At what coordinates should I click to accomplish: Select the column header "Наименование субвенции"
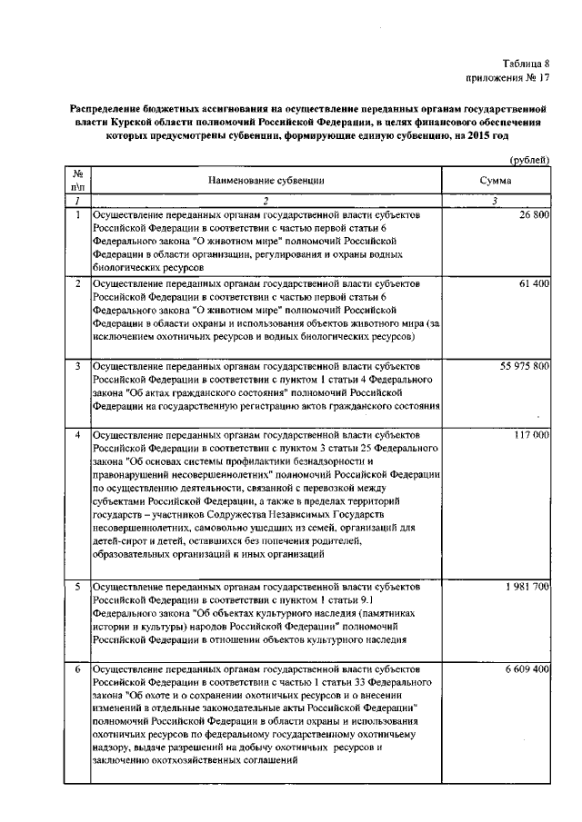(266, 181)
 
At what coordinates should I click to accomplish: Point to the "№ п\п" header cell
(77, 181)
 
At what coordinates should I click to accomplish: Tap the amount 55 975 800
(524, 366)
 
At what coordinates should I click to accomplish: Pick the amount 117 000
(530, 435)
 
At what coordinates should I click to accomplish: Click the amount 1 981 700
(526, 587)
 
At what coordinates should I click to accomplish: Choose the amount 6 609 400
(526, 668)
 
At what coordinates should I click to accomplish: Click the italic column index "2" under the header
(266, 201)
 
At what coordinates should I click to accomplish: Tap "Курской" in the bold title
(156, 120)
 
